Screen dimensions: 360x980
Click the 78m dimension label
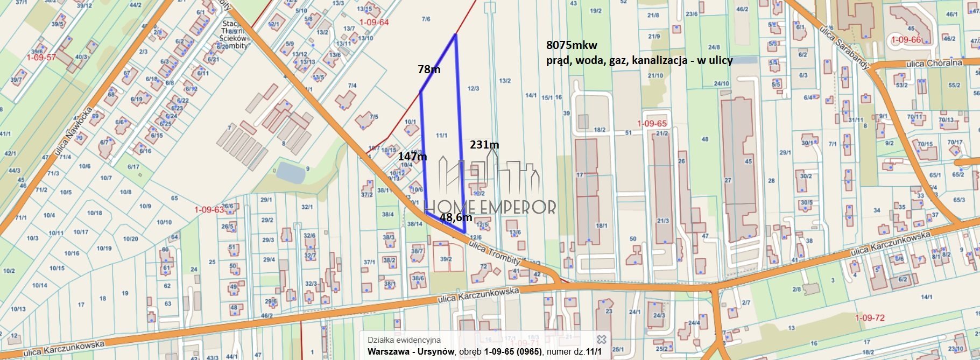[x=429, y=69]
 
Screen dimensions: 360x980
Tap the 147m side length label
[x=412, y=157]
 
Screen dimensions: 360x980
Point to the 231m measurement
[x=484, y=145]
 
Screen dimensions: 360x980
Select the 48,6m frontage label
[x=456, y=217]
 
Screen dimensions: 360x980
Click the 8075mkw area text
[x=572, y=45]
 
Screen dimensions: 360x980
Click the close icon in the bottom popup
[x=602, y=340]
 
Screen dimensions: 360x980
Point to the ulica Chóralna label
[x=934, y=63]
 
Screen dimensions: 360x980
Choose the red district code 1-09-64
[x=374, y=23]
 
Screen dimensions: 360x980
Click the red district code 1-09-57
[x=41, y=57]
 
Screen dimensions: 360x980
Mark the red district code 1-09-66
[x=906, y=40]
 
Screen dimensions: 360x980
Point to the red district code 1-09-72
[x=869, y=318]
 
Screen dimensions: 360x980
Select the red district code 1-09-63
[x=209, y=209]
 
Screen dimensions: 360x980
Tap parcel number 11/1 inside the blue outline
[x=441, y=136]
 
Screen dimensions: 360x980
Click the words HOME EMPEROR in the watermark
[x=490, y=207]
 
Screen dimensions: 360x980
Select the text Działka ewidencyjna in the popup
[x=404, y=340]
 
